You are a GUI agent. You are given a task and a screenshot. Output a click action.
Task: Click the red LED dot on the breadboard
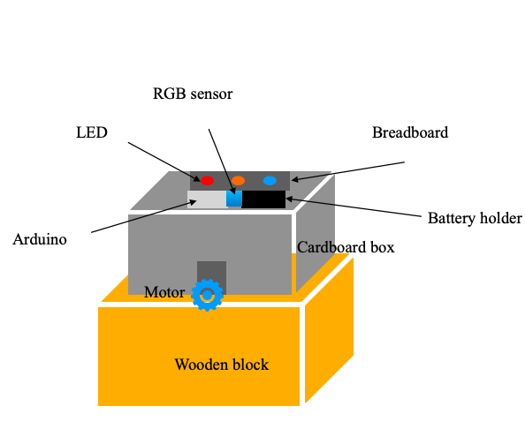tap(207, 180)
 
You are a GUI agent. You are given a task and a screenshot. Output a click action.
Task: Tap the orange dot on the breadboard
tap(238, 180)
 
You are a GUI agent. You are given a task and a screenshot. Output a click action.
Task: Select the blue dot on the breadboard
tap(270, 180)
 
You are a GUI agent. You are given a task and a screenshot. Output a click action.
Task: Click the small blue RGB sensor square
tap(234, 199)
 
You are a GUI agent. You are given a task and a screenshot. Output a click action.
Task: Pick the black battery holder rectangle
tap(264, 199)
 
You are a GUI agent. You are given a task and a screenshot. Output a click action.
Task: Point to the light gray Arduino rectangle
tap(206, 200)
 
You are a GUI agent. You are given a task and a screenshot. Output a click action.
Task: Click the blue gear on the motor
tap(209, 296)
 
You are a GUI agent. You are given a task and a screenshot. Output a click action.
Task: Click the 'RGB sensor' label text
tap(193, 93)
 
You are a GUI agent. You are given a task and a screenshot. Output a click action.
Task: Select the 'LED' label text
tap(91, 132)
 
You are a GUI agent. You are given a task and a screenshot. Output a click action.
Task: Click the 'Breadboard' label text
tap(409, 133)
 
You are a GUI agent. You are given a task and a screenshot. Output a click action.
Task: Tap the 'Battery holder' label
tap(475, 218)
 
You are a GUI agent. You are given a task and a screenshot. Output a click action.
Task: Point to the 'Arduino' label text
tap(41, 239)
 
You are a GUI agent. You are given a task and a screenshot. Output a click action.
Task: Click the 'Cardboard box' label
tap(346, 247)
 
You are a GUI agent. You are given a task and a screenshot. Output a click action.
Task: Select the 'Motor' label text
tap(164, 292)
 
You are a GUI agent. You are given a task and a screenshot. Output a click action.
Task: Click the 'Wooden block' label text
tap(221, 365)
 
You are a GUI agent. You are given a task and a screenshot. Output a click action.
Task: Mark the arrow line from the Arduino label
tap(141, 218)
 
